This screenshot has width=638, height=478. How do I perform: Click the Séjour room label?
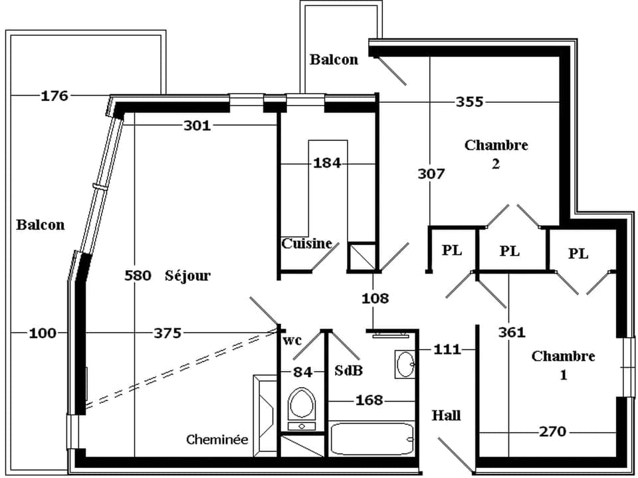(x=187, y=276)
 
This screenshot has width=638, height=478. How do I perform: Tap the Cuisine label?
(x=306, y=243)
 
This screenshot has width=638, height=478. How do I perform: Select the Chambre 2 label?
(x=496, y=154)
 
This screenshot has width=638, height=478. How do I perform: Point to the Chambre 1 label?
(x=563, y=365)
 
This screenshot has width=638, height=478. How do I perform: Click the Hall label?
(x=447, y=416)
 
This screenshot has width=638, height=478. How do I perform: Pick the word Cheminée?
(x=217, y=439)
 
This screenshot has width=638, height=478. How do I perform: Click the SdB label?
(x=349, y=371)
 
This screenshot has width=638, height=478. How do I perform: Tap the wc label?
(x=292, y=341)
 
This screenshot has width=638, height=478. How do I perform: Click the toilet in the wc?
(x=302, y=406)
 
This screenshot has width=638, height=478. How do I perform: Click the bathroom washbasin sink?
(x=405, y=364)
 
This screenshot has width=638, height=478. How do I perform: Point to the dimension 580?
(x=138, y=276)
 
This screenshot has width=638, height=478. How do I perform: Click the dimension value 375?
(x=167, y=333)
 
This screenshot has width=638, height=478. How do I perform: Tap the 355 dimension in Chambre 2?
(x=469, y=102)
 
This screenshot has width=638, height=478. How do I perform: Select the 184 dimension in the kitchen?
(x=328, y=163)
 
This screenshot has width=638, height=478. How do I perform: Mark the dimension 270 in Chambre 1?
(x=552, y=432)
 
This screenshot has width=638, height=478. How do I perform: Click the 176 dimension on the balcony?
(x=54, y=96)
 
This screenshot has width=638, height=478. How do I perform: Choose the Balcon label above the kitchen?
(x=334, y=60)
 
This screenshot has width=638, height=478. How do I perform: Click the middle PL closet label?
(x=510, y=251)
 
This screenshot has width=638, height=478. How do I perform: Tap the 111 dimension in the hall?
(x=447, y=349)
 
